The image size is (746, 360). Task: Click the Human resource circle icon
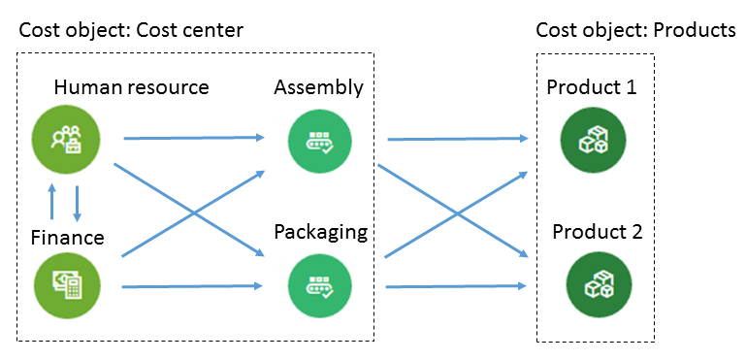click(66, 138)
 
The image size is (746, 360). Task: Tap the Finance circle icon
click(67, 285)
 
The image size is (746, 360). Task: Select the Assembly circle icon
click(320, 141)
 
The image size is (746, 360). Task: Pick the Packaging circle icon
click(320, 285)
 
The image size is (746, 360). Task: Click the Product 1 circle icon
click(593, 140)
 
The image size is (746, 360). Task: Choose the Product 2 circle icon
click(599, 284)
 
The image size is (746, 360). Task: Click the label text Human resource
click(131, 87)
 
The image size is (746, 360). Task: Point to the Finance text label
click(67, 237)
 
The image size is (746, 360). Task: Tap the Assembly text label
click(319, 88)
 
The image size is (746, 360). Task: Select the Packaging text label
click(321, 233)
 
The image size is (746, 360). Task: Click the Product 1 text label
click(592, 87)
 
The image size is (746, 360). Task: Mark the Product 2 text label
click(598, 232)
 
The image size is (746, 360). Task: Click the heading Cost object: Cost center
click(131, 31)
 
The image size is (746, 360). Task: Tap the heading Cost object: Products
click(635, 31)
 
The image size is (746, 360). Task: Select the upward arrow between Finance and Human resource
click(52, 203)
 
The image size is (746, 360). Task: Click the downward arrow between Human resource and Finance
click(77, 204)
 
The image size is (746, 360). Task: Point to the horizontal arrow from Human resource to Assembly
click(194, 138)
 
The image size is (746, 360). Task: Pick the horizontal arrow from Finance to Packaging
click(193, 286)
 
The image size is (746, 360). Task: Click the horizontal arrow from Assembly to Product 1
click(458, 139)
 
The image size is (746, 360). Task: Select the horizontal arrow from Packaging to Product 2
click(456, 286)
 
